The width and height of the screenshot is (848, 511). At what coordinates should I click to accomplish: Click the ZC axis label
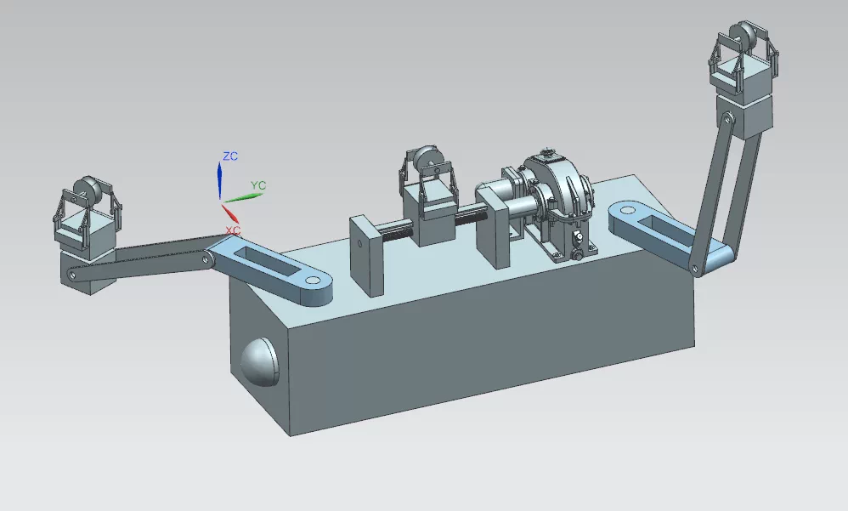point(230,156)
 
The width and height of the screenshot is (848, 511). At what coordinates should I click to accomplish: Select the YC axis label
point(258,185)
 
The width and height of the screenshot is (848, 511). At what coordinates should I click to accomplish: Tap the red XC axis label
point(233,230)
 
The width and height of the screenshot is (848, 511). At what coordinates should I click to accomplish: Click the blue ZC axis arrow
point(219,181)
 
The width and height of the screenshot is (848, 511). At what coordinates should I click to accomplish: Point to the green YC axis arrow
point(242,197)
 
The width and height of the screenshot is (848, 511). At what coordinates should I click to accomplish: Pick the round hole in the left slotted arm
point(313,281)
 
